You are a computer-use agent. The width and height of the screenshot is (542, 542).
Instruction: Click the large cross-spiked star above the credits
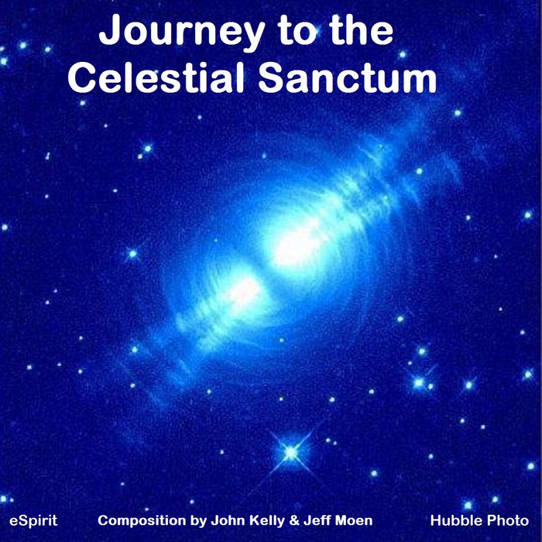290,451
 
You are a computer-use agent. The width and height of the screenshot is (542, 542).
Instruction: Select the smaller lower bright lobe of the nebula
242,291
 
